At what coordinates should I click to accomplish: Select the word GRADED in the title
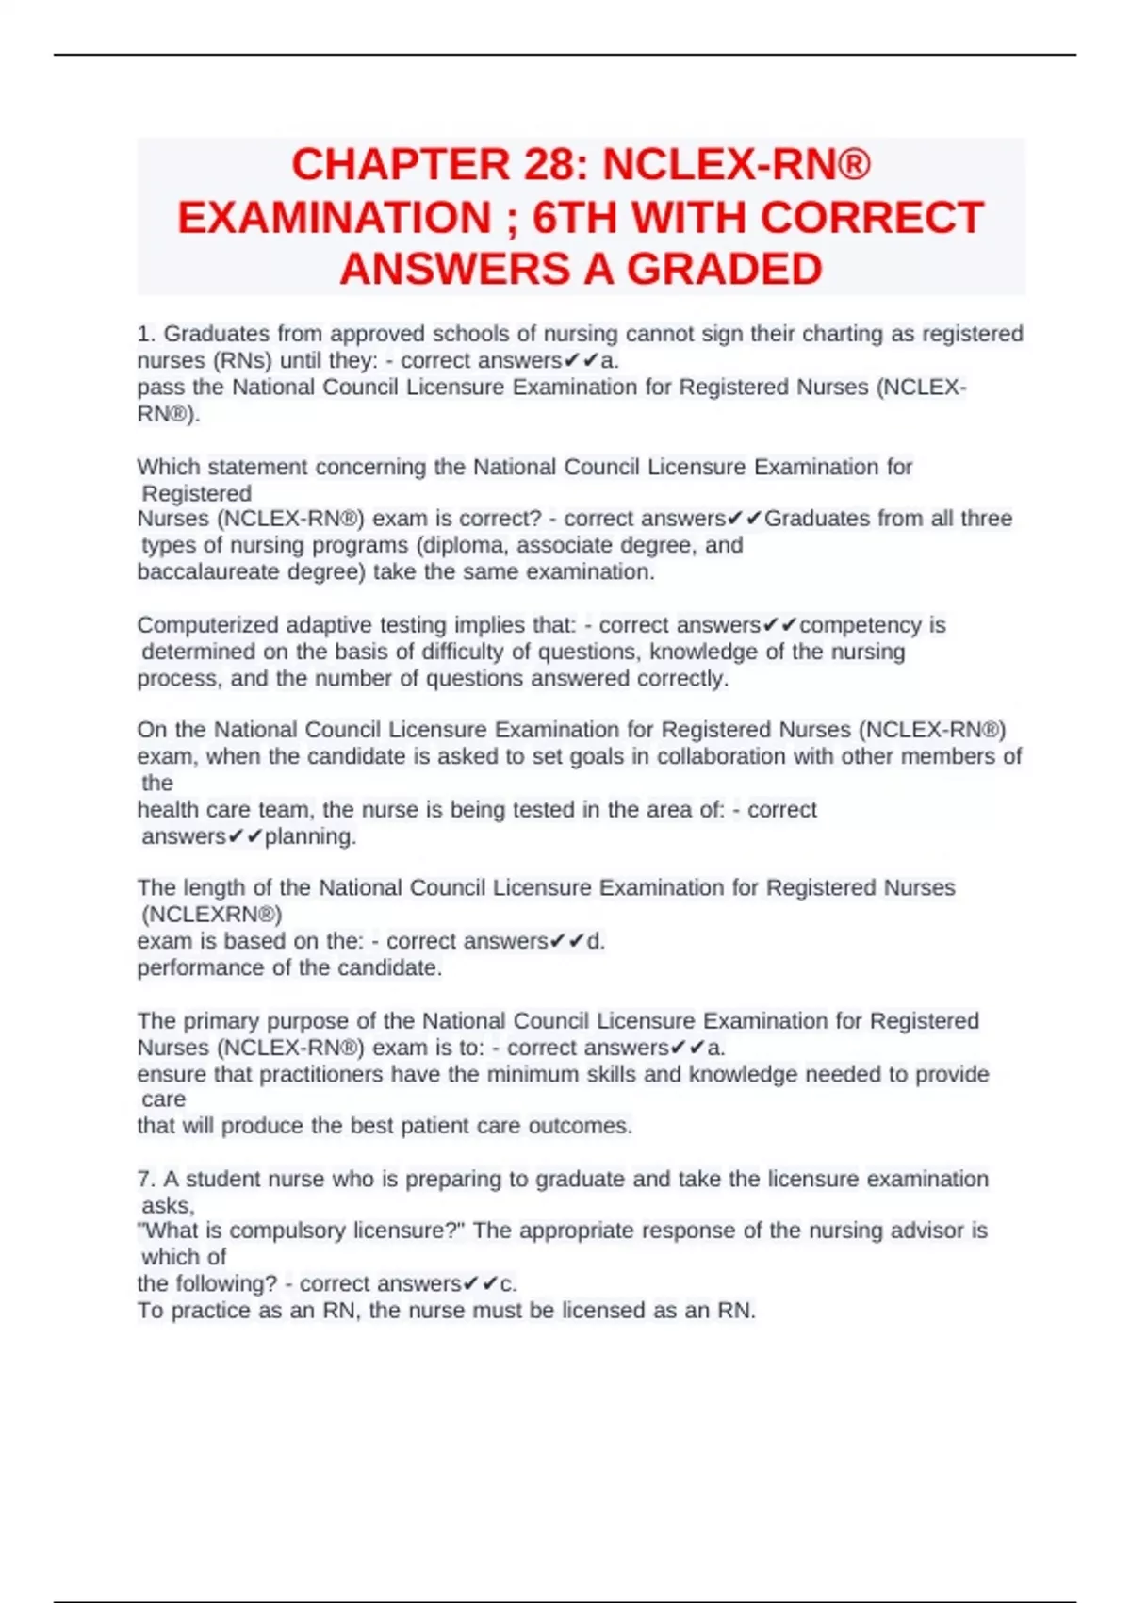tap(724, 270)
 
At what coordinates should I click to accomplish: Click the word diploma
tap(462, 545)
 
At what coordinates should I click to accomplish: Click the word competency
tap(861, 625)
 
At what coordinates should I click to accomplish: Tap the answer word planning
tap(310, 836)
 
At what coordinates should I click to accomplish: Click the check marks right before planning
tap(246, 836)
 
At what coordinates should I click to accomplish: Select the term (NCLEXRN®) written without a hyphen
tap(212, 914)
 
